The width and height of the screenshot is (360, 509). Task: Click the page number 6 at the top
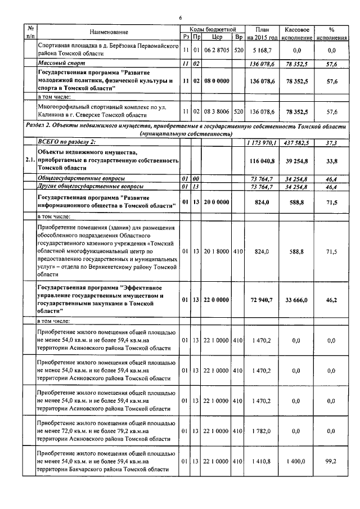[x=180, y=19]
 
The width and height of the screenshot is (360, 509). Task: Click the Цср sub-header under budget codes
[x=216, y=37]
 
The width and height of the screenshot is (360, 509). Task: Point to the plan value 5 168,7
[x=263, y=50]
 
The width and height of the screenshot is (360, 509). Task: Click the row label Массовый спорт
[x=57, y=63]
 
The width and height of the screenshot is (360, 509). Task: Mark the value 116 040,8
[x=263, y=160]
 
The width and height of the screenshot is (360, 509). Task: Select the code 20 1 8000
[x=216, y=251]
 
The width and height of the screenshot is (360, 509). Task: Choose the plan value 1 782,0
[x=263, y=431]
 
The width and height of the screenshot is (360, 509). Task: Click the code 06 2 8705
[x=216, y=50]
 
